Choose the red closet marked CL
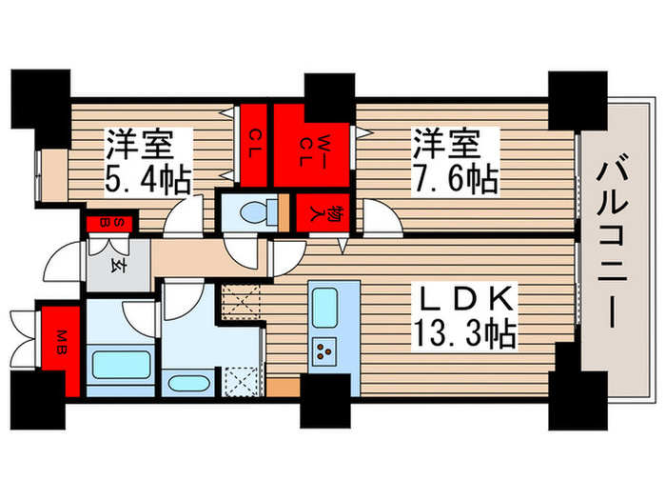coord(255,148)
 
